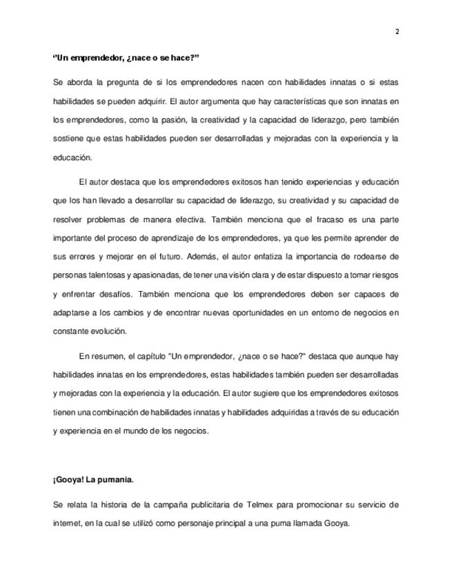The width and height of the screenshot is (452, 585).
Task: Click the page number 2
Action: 397,31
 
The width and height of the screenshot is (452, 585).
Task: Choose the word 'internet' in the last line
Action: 67,523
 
